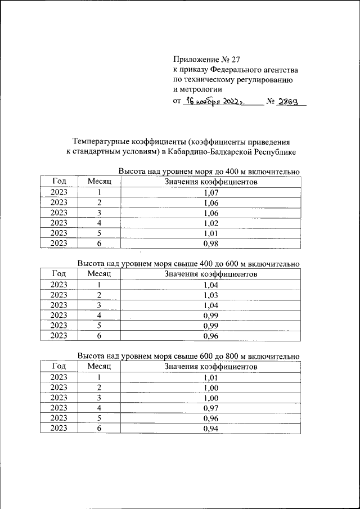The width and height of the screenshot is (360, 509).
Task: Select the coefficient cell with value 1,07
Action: pos(210,192)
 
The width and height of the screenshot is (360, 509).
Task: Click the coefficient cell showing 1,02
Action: pos(210,223)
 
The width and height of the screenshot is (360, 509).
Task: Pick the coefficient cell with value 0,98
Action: pos(210,243)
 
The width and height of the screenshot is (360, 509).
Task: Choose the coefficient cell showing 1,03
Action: pos(210,295)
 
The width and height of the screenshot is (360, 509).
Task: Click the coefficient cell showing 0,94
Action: pos(210,429)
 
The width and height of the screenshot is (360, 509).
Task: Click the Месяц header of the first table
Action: pos(100,182)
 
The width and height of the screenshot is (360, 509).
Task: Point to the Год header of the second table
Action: pos(59,274)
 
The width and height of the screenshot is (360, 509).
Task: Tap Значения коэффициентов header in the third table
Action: pos(210,367)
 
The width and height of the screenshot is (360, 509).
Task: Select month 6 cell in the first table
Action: pos(100,243)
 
